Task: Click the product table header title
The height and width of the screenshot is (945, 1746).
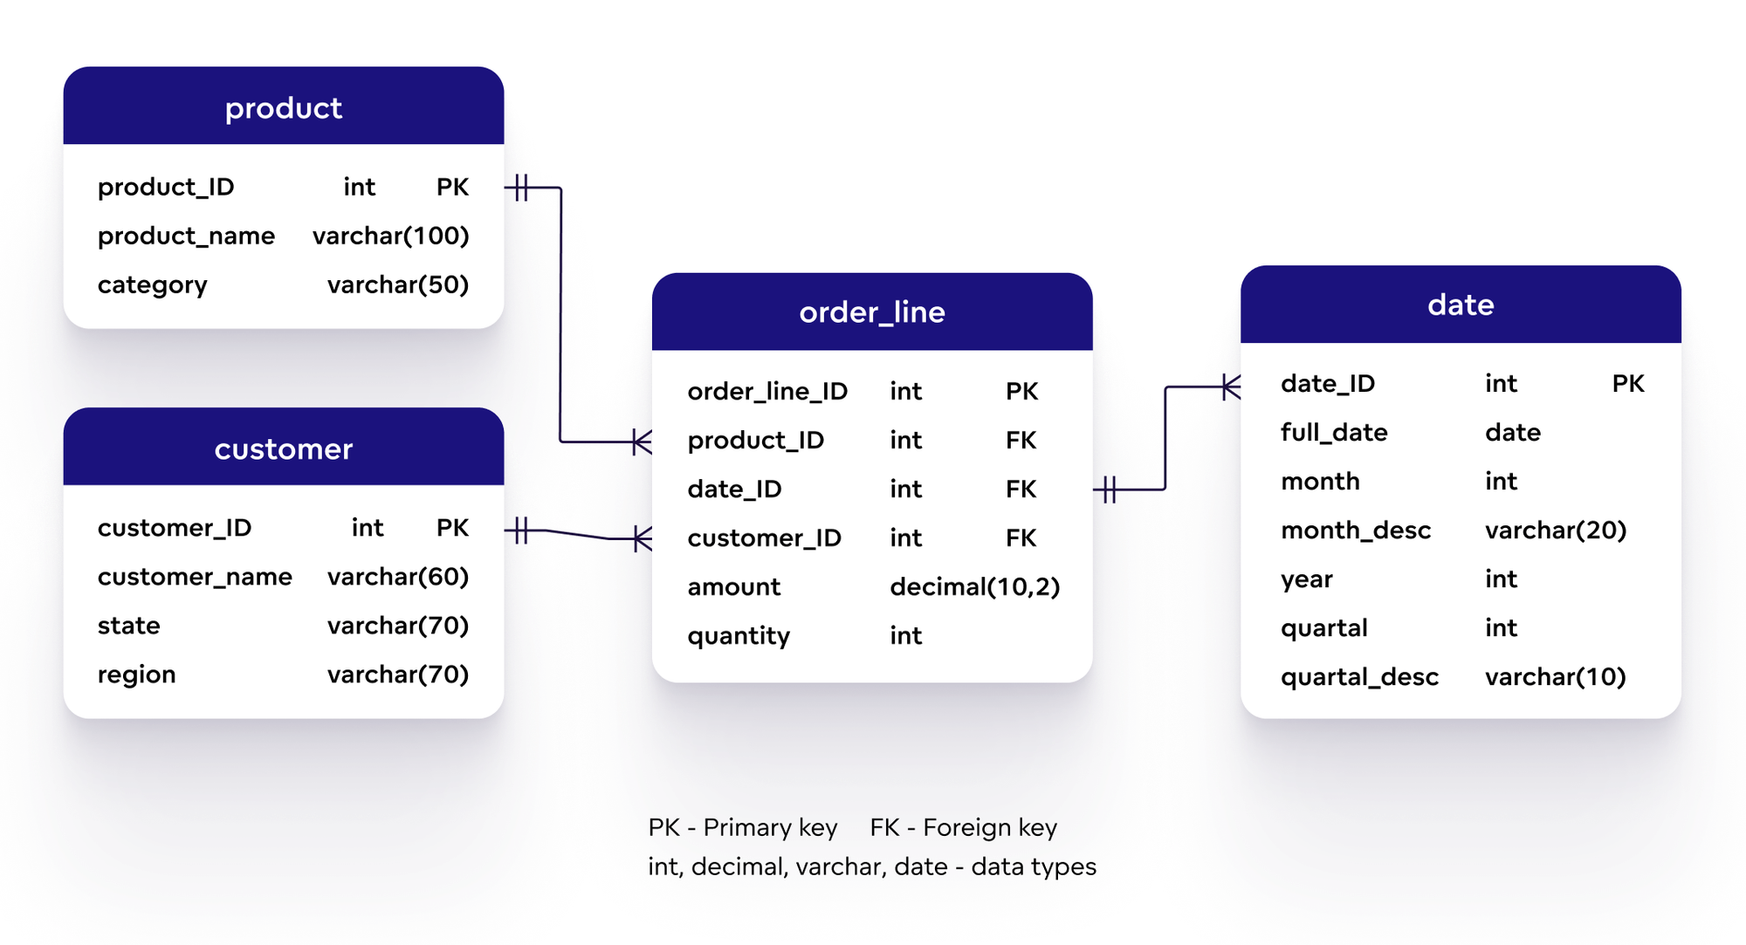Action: point(283,108)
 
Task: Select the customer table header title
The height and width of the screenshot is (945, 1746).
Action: point(283,449)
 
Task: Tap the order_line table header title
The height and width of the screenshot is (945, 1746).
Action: point(871,312)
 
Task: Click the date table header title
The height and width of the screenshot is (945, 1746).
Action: point(1461,305)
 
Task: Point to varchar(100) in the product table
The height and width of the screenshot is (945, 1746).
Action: point(390,236)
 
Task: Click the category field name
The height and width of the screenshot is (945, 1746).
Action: point(152,285)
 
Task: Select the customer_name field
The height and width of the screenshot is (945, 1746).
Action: point(195,577)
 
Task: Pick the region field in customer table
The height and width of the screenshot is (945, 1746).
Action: point(136,675)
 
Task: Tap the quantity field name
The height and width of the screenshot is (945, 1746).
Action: point(738,636)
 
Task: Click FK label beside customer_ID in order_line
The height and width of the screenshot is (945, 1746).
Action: point(1021,538)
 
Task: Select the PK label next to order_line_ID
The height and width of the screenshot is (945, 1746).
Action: point(1021,391)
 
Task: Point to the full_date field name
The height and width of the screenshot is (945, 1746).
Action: point(1333,433)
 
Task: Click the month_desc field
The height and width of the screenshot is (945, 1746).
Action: point(1355,531)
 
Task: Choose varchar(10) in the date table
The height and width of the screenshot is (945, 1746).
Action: point(1555,677)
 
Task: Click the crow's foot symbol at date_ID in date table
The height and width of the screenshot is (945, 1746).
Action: point(1230,387)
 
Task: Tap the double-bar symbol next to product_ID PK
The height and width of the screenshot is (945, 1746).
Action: point(521,188)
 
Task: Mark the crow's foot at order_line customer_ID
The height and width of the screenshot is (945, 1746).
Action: point(642,539)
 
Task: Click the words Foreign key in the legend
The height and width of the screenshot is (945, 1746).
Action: point(989,827)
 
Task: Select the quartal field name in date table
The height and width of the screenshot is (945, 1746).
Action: point(1323,628)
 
